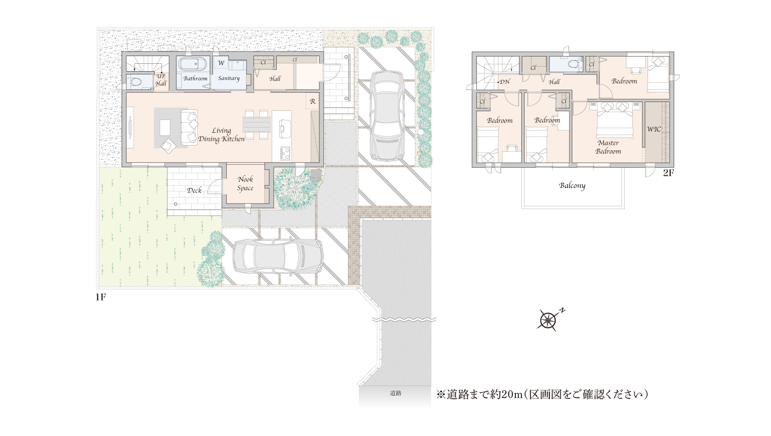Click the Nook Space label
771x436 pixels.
click(x=245, y=184)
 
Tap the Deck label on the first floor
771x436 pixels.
click(x=194, y=190)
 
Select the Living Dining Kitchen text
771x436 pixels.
click(x=221, y=135)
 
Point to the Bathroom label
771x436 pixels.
click(x=195, y=78)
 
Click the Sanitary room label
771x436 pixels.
click(x=229, y=78)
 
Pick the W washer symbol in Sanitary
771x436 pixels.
click(x=221, y=63)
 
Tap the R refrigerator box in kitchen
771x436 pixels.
click(x=313, y=102)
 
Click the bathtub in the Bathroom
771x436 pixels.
click(x=192, y=64)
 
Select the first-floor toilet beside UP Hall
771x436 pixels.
click(x=136, y=82)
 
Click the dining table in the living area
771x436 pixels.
click(x=257, y=125)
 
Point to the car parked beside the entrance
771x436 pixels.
click(x=386, y=116)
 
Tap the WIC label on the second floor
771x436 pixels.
click(x=654, y=129)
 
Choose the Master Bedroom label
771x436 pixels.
click(x=608, y=147)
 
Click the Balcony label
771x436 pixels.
click(x=572, y=186)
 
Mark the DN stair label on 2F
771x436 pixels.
click(x=504, y=82)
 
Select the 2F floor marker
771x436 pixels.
click(x=668, y=173)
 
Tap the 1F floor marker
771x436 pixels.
click(x=101, y=297)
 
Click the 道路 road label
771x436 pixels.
click(x=396, y=393)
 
